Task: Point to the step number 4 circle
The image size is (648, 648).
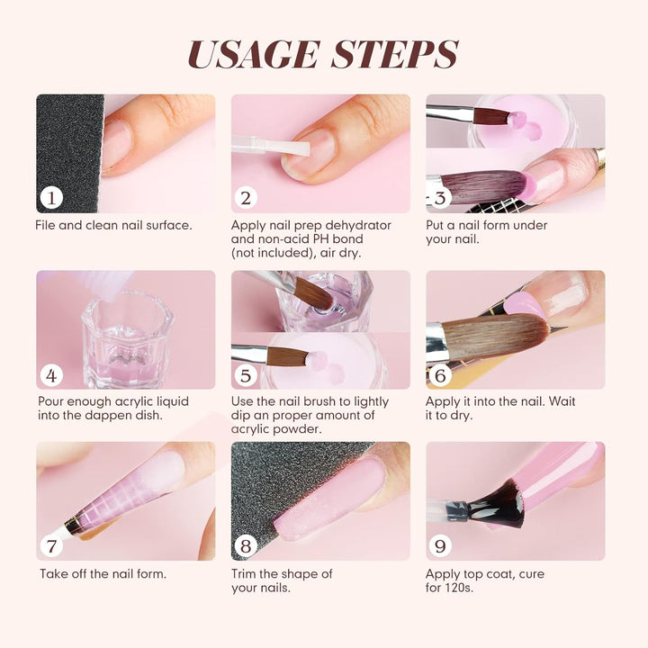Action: pos(51,374)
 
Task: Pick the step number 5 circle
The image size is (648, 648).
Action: pos(246,374)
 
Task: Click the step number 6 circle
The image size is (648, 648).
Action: pos(441,374)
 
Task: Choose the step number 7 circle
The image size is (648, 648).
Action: pos(51,545)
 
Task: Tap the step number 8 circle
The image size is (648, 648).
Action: pos(246,545)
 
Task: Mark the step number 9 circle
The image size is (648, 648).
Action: pos(441,545)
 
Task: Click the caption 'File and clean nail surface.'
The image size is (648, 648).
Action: pos(113,225)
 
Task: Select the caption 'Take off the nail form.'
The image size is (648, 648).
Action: pos(103,573)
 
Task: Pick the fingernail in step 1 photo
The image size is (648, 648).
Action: pos(117,145)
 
